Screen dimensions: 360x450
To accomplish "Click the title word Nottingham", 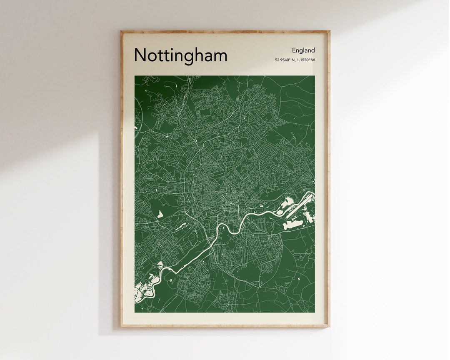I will (x=180, y=55).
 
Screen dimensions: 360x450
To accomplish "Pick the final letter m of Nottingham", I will (x=220, y=57).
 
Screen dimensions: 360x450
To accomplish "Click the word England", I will (x=303, y=50).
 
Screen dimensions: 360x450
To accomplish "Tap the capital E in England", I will (x=294, y=50).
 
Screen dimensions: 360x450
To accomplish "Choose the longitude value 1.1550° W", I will (x=305, y=60).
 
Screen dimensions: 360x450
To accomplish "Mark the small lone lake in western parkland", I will (x=160, y=214).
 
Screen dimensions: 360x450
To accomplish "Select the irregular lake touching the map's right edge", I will (x=309, y=217).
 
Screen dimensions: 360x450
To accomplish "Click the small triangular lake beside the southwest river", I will (x=160, y=265).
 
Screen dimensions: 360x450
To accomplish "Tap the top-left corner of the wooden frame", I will (x=121, y=31).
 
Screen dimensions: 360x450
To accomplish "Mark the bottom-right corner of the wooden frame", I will (x=329, y=326).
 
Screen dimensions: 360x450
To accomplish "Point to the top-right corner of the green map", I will (x=315, y=76).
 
